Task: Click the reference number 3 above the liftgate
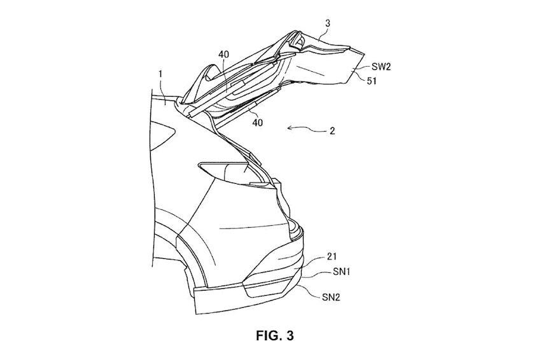328,24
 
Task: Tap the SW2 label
381,67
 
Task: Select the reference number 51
371,81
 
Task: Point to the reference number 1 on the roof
160,74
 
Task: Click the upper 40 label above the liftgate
223,55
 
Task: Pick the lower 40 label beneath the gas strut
258,122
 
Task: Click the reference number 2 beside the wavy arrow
332,131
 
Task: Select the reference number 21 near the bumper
332,256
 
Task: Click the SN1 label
342,272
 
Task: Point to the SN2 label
331,297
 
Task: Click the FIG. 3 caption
275,335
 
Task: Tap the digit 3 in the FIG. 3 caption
290,335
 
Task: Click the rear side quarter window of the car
162,135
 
